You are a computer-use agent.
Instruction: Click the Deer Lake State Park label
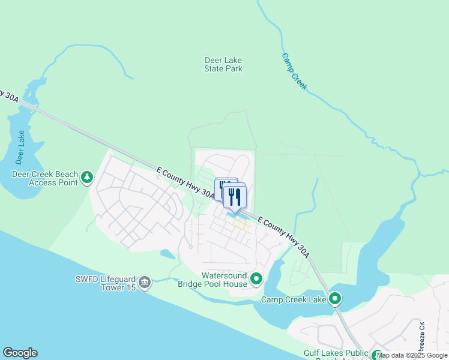tap(223, 64)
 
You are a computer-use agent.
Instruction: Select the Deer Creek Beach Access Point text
tap(45, 178)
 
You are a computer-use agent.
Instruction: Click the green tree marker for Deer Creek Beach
tap(88, 177)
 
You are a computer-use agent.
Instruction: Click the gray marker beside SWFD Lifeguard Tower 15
tap(145, 282)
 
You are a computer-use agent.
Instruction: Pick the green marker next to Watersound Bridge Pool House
tap(257, 279)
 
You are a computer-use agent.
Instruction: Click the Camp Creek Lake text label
tap(294, 299)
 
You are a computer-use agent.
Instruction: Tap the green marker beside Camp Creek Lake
tap(335, 298)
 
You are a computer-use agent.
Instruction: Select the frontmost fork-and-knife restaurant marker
tap(235, 197)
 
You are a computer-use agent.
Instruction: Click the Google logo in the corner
tap(20, 353)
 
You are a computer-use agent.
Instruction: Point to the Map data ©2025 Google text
tap(412, 355)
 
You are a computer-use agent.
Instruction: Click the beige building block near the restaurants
tap(243, 224)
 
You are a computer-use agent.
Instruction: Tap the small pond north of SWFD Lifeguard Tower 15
tap(167, 254)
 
